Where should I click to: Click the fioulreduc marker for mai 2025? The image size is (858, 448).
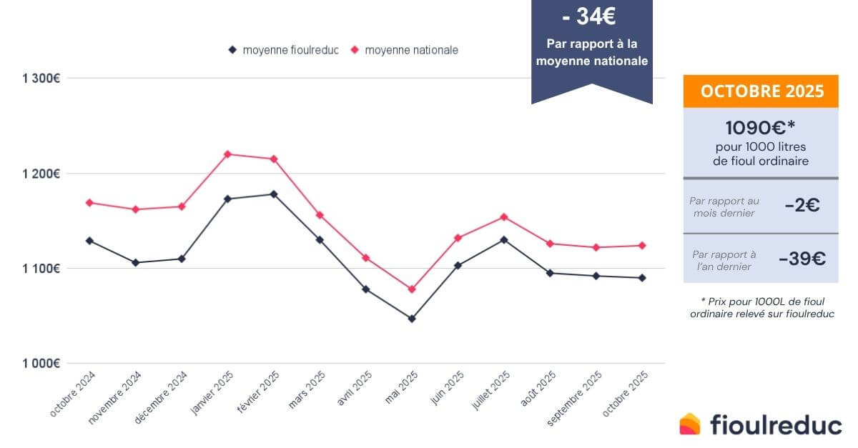[x=412, y=319]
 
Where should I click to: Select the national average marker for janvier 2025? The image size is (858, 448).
[x=227, y=154]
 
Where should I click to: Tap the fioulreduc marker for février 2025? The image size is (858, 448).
[x=274, y=194]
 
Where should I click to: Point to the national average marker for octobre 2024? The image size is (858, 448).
[x=89, y=202]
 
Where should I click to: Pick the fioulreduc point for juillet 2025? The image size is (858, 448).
[x=504, y=240]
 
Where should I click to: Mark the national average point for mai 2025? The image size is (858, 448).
[x=412, y=289]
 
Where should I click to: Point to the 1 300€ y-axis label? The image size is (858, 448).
[x=39, y=78]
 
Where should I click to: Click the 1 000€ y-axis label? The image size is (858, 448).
[x=39, y=364]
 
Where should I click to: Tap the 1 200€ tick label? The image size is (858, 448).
[x=39, y=174]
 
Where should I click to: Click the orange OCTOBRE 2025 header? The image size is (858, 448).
[x=761, y=91]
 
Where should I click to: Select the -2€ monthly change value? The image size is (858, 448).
[x=802, y=206]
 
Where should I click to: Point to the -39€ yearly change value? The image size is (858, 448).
[x=802, y=259]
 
